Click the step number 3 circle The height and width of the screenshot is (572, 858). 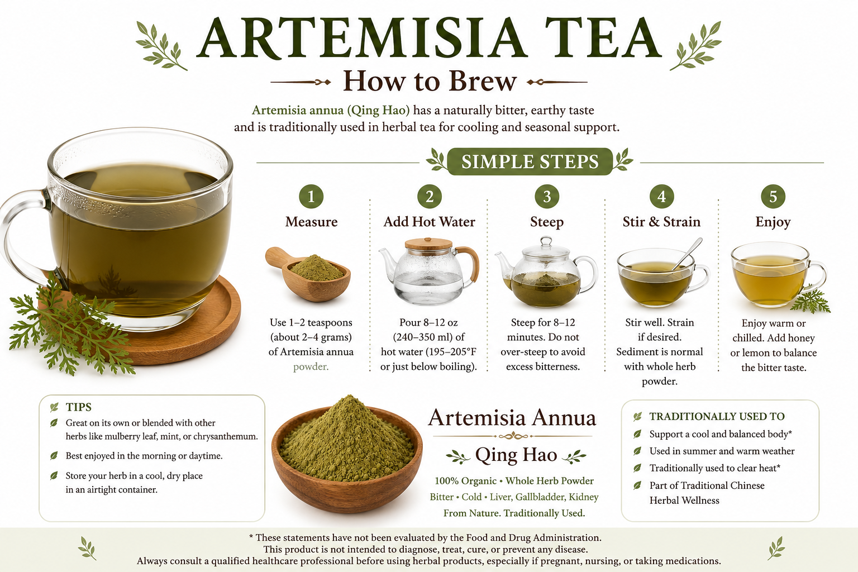[x=547, y=197]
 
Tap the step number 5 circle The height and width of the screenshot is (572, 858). [x=773, y=197]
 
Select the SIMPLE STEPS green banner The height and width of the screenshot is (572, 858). [x=530, y=161]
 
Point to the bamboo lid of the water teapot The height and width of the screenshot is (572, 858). [x=428, y=244]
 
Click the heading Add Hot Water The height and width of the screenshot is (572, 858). [x=430, y=221]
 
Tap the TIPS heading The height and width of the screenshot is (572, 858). [x=79, y=407]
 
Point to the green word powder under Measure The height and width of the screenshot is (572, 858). [x=311, y=366]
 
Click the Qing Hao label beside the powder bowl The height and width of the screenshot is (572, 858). [x=516, y=455]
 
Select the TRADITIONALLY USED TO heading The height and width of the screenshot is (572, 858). [x=717, y=417]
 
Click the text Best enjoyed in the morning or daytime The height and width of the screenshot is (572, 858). [x=144, y=456]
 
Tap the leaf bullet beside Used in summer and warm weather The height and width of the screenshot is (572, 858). [x=637, y=451]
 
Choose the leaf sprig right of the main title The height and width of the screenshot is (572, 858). [x=695, y=46]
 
